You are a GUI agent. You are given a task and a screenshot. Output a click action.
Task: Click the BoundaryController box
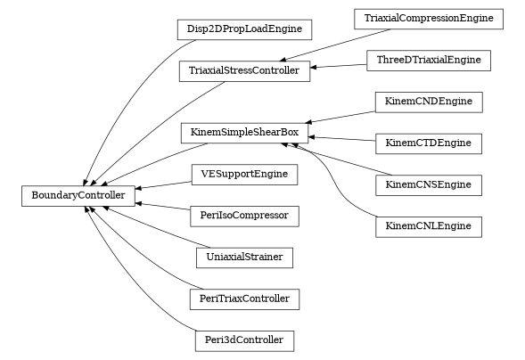coord(78,194)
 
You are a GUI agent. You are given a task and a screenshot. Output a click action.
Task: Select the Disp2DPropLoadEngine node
coord(244,29)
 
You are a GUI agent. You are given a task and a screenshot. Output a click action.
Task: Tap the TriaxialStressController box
coord(244,70)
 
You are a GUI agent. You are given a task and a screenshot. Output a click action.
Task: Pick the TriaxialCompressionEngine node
coord(428,19)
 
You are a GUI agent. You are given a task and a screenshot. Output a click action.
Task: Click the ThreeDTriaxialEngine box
coord(428,61)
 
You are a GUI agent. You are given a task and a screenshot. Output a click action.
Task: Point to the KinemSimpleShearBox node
coord(244,133)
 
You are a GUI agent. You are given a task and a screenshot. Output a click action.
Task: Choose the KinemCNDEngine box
coord(429,102)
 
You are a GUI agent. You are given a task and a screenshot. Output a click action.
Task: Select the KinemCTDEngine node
coord(429,143)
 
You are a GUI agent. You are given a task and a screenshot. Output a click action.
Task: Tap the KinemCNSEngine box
coord(429,185)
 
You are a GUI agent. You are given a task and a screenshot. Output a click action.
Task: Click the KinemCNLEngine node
coord(429,226)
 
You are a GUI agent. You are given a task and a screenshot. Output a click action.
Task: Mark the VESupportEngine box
coord(244,174)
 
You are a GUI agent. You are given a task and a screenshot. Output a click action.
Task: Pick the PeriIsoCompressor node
coord(244,216)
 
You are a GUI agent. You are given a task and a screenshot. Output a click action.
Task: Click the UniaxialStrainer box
coord(244,258)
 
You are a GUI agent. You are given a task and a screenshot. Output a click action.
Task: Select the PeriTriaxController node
coord(244,299)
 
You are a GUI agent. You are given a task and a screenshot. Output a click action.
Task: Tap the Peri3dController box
coord(244,340)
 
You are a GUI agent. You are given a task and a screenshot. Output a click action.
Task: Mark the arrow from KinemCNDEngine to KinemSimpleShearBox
coord(342,118)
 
